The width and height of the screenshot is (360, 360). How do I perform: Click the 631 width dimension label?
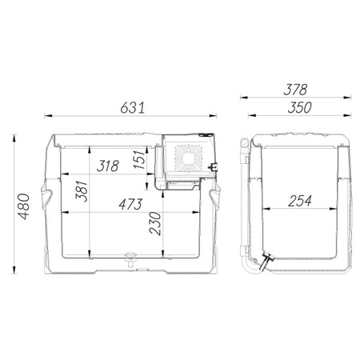132,108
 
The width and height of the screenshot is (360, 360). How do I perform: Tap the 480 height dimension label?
24,206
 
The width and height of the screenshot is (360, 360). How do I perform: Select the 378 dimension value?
295,90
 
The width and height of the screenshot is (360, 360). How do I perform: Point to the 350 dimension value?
299,107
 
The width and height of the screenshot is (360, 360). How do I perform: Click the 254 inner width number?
300,201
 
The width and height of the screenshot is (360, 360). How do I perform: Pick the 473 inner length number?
130,204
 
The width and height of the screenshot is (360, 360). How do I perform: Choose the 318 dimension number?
107,166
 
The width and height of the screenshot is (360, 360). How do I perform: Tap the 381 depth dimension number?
82,191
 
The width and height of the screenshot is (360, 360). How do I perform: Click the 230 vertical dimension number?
155,223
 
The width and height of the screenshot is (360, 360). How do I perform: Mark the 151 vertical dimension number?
140,159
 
